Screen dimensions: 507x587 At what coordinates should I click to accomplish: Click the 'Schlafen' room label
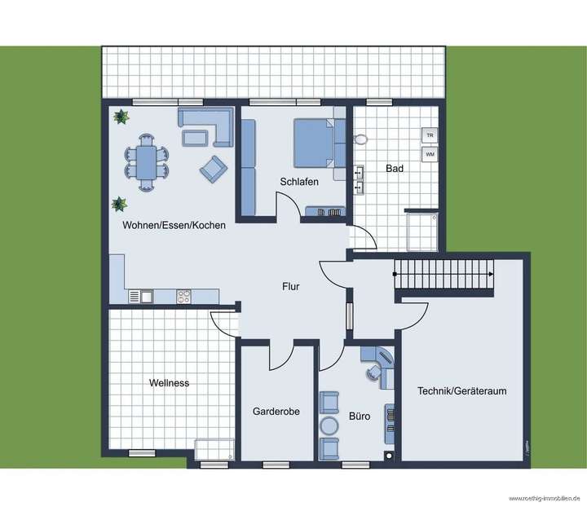click(299, 182)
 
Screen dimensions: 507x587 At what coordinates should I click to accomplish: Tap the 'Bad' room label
click(395, 169)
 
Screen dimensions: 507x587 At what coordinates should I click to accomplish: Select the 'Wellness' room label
click(169, 382)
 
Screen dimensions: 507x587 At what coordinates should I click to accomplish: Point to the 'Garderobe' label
click(276, 412)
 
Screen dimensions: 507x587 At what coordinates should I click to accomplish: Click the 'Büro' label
click(360, 416)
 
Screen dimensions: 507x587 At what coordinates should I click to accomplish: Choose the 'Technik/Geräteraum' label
click(461, 391)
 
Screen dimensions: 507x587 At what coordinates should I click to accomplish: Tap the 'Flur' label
click(292, 286)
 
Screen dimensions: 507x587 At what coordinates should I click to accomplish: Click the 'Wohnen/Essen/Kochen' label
click(174, 225)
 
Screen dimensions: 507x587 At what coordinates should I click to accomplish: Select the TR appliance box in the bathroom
click(429, 134)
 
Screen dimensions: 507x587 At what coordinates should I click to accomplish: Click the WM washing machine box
click(429, 153)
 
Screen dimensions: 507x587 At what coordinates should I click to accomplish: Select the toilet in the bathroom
click(361, 139)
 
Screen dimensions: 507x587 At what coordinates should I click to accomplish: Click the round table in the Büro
click(329, 426)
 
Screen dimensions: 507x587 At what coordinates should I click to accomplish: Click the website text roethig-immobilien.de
click(544, 498)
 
